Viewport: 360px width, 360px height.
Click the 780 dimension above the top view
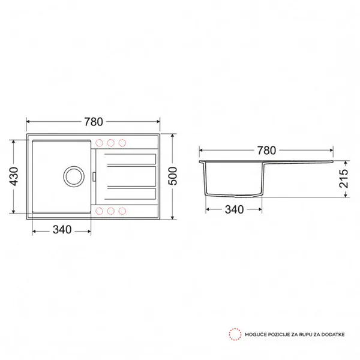[94, 122]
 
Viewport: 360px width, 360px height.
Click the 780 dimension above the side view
[266, 151]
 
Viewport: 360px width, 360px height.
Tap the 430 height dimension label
[14, 176]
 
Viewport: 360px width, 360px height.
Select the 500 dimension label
[173, 176]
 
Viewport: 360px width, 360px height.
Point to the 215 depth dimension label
[344, 179]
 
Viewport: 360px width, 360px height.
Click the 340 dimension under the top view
[62, 230]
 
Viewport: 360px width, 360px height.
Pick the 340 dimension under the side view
[234, 209]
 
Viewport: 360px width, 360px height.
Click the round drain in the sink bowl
[74, 176]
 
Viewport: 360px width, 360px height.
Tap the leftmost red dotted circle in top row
[99, 143]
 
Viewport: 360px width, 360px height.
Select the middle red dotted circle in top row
[110, 143]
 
